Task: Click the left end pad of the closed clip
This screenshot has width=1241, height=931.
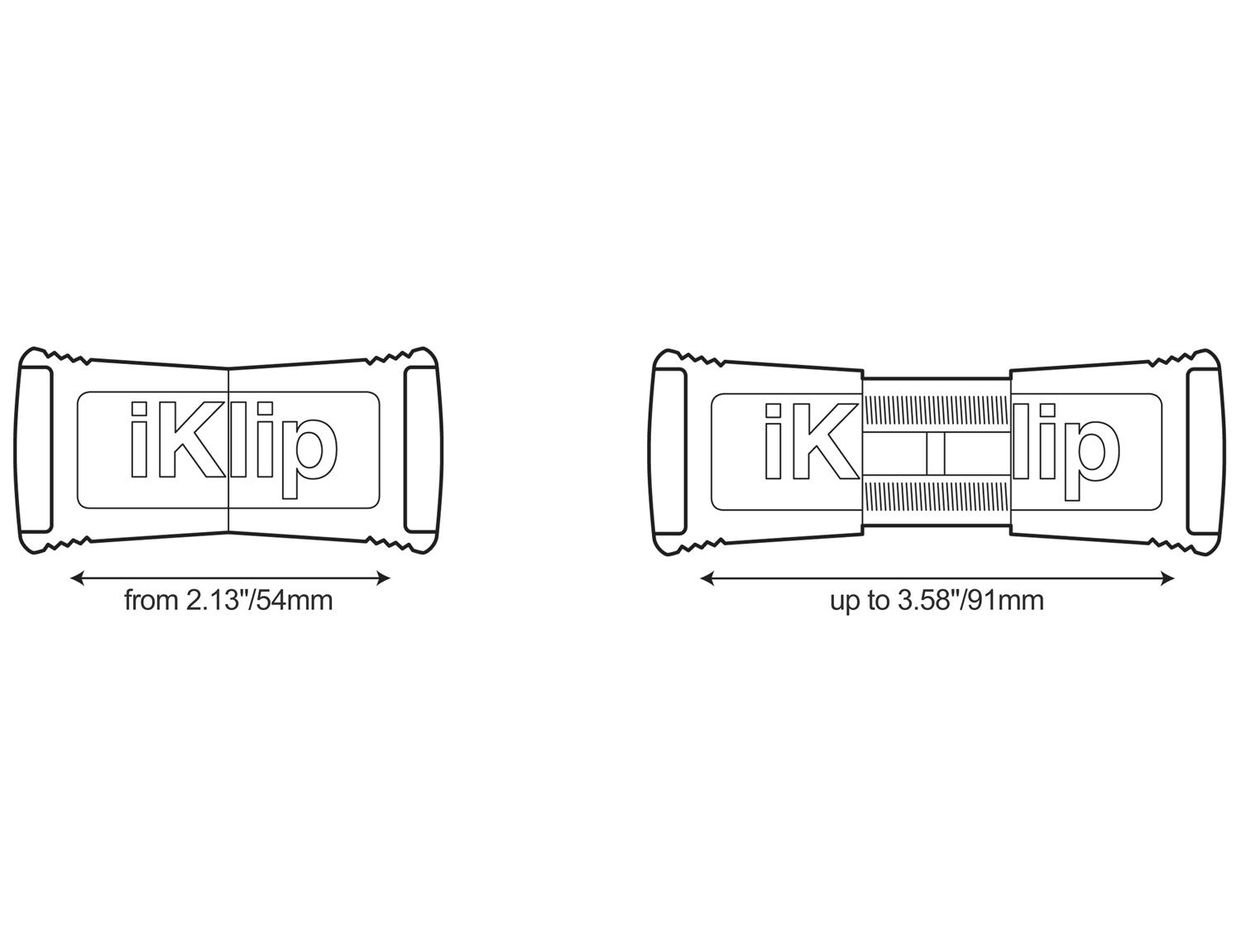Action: tap(36, 449)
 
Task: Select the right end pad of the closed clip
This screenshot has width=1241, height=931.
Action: tap(420, 449)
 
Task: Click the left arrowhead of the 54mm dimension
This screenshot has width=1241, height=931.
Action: tap(78, 578)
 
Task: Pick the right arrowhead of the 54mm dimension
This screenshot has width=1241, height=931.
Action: tap(383, 578)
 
